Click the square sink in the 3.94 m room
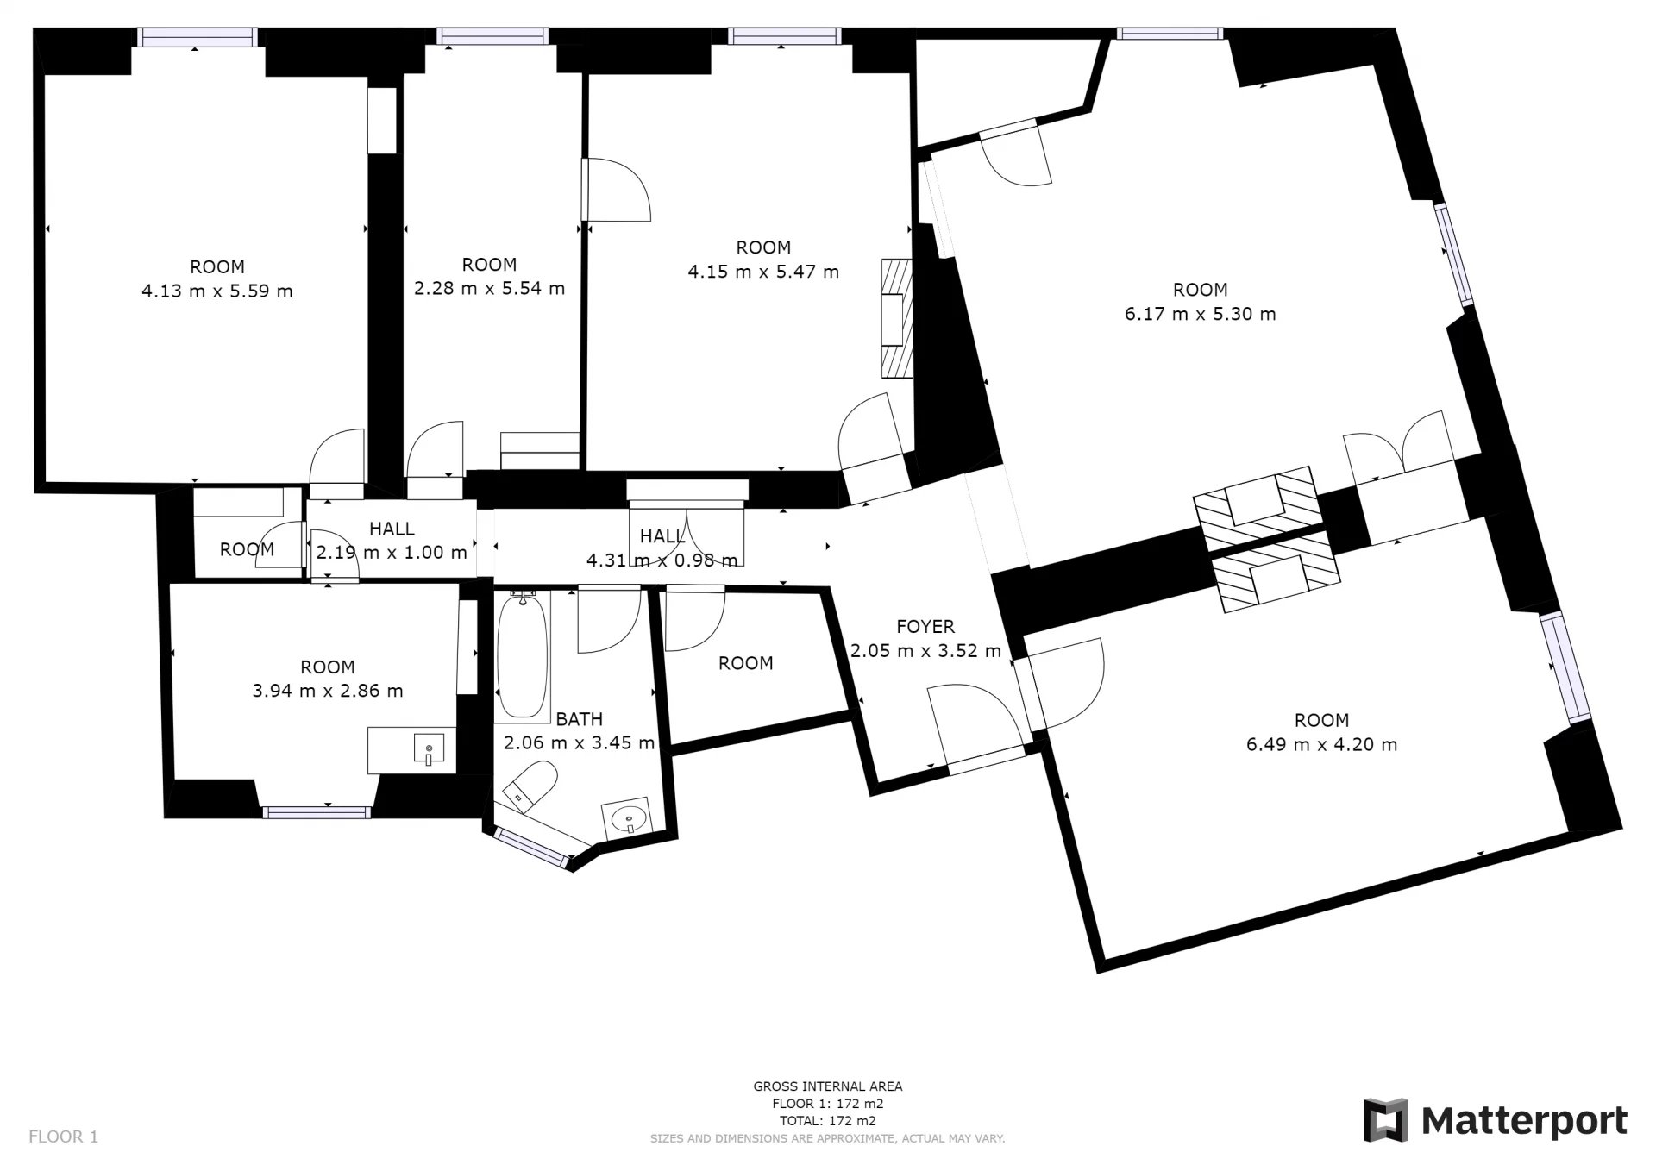pyautogui.click(x=429, y=748)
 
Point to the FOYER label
pyautogui.click(x=925, y=627)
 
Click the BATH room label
pyautogui.click(x=579, y=719)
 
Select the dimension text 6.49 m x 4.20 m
pyautogui.click(x=1321, y=744)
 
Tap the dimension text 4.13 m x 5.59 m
pyautogui.click(x=217, y=291)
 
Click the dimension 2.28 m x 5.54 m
pyautogui.click(x=489, y=288)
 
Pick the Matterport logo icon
pyautogui.click(x=1385, y=1120)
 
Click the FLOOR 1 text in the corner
pyautogui.click(x=64, y=1137)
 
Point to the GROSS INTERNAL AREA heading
pyautogui.click(x=828, y=1086)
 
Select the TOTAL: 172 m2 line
pyautogui.click(x=828, y=1121)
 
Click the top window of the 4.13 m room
pyautogui.click(x=198, y=36)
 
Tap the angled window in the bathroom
pyautogui.click(x=533, y=847)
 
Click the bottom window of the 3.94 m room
pyautogui.click(x=317, y=811)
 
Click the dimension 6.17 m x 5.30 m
pyautogui.click(x=1200, y=314)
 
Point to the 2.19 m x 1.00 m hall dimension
pyautogui.click(x=392, y=552)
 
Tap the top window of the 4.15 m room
pyautogui.click(x=784, y=35)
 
